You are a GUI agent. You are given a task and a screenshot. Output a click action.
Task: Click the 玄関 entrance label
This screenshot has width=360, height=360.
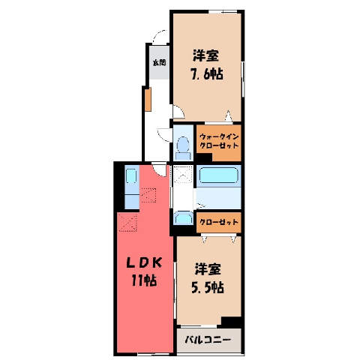(x=160, y=62)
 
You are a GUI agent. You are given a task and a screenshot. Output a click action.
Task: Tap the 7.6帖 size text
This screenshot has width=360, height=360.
(x=207, y=74)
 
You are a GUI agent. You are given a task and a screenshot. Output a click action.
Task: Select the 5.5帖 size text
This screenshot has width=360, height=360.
(x=208, y=287)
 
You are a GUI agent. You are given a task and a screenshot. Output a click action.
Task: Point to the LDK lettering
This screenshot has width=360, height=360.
(x=144, y=263)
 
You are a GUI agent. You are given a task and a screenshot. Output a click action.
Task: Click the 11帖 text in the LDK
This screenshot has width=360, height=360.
(x=144, y=280)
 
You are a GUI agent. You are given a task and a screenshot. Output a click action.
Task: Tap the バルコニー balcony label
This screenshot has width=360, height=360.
(x=208, y=340)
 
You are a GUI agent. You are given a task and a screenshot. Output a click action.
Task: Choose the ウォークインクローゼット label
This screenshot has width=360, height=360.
(x=219, y=141)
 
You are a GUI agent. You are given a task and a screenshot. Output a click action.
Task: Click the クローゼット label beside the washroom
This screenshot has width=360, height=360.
(x=219, y=222)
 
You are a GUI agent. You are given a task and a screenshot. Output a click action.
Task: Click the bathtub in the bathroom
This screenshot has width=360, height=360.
(x=218, y=175)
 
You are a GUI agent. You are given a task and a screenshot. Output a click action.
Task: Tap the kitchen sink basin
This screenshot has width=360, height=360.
(x=131, y=176)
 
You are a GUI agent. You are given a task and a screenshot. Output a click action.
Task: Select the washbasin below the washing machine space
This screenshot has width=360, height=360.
(x=184, y=218)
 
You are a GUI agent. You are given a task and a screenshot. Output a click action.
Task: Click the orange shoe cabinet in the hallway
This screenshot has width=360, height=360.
(x=148, y=99)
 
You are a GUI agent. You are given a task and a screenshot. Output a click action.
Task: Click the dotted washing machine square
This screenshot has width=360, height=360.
(x=184, y=174)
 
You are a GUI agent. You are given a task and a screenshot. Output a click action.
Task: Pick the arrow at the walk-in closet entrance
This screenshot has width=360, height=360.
(x=228, y=115)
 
